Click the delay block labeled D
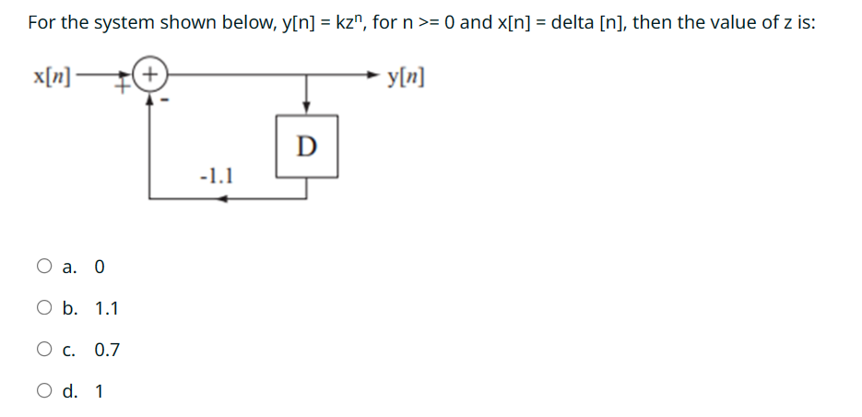pyautogui.click(x=307, y=145)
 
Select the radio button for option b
pyautogui.click(x=45, y=308)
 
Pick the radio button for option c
pyautogui.click(x=45, y=350)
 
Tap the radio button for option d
pyautogui.click(x=45, y=391)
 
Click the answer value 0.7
pyautogui.click(x=107, y=351)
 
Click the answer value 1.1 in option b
pyautogui.click(x=107, y=309)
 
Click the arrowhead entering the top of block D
pyautogui.click(x=307, y=107)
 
